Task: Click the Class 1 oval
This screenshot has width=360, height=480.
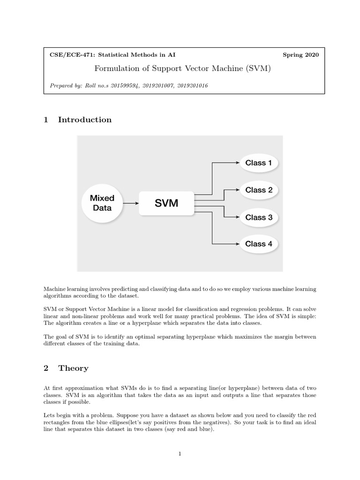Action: (x=258, y=163)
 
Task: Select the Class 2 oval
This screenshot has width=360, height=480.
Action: (x=258, y=190)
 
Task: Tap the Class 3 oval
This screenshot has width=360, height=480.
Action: (x=258, y=217)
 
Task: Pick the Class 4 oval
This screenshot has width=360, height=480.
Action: (x=258, y=244)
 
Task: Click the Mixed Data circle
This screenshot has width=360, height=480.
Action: (x=102, y=203)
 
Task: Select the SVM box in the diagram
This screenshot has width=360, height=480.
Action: (x=166, y=203)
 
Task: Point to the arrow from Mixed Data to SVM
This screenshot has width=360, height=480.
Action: (x=130, y=203)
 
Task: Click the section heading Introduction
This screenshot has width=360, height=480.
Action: (x=85, y=120)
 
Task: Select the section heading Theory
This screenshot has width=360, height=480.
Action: (x=73, y=368)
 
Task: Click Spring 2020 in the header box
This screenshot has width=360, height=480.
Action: (x=300, y=55)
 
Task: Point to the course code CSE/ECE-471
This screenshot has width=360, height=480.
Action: (x=73, y=55)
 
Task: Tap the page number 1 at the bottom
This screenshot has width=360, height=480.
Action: (x=180, y=453)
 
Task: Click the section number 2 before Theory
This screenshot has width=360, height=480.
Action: (x=46, y=368)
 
